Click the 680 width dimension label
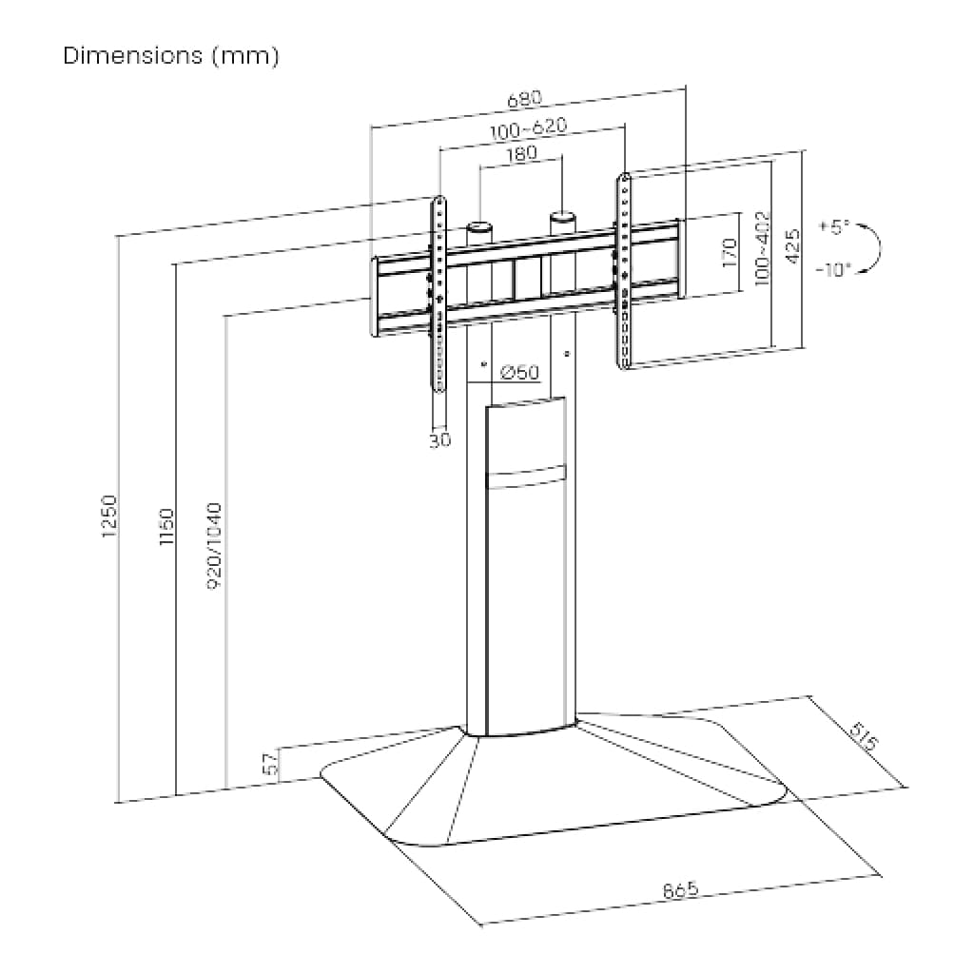pyautogui.click(x=524, y=98)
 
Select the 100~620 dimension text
pyautogui.click(x=529, y=128)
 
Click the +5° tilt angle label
pyautogui.click(x=833, y=227)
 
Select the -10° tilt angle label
pyautogui.click(x=833, y=269)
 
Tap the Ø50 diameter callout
pyautogui.click(x=518, y=371)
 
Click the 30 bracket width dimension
pyautogui.click(x=439, y=440)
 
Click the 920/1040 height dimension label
pyautogui.click(x=214, y=546)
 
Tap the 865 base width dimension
pyautogui.click(x=679, y=890)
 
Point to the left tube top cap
pyautogui.click(x=478, y=227)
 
